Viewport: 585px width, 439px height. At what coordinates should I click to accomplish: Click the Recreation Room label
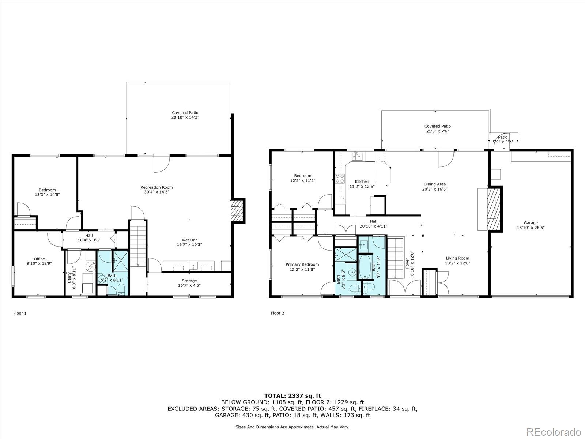click(x=157, y=187)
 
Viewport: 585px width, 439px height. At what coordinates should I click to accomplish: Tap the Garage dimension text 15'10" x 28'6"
click(x=531, y=228)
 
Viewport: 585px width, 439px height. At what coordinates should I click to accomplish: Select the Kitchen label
click(x=362, y=181)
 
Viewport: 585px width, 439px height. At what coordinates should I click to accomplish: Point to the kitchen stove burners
click(x=340, y=179)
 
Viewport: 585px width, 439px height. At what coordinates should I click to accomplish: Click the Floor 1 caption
click(x=20, y=313)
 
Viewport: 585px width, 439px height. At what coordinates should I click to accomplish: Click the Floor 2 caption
click(x=278, y=313)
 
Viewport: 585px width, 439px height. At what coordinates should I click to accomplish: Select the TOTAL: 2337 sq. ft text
click(x=292, y=396)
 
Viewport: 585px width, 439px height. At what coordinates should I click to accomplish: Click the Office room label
click(x=39, y=259)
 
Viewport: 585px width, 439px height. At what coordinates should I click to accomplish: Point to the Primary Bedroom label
click(x=302, y=264)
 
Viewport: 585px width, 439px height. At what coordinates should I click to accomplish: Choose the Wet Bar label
click(x=189, y=240)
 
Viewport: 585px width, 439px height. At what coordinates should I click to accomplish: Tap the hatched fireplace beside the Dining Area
click(x=494, y=209)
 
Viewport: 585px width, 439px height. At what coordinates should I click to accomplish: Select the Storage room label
click(x=189, y=281)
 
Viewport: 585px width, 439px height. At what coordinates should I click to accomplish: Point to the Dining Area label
click(x=435, y=184)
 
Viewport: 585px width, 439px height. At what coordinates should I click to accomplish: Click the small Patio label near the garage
click(x=503, y=137)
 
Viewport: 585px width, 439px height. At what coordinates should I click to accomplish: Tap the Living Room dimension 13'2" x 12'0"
click(x=457, y=263)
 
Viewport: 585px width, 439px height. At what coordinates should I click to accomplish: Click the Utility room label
click(x=69, y=277)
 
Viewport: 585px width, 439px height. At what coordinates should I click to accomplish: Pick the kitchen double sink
click(x=357, y=157)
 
